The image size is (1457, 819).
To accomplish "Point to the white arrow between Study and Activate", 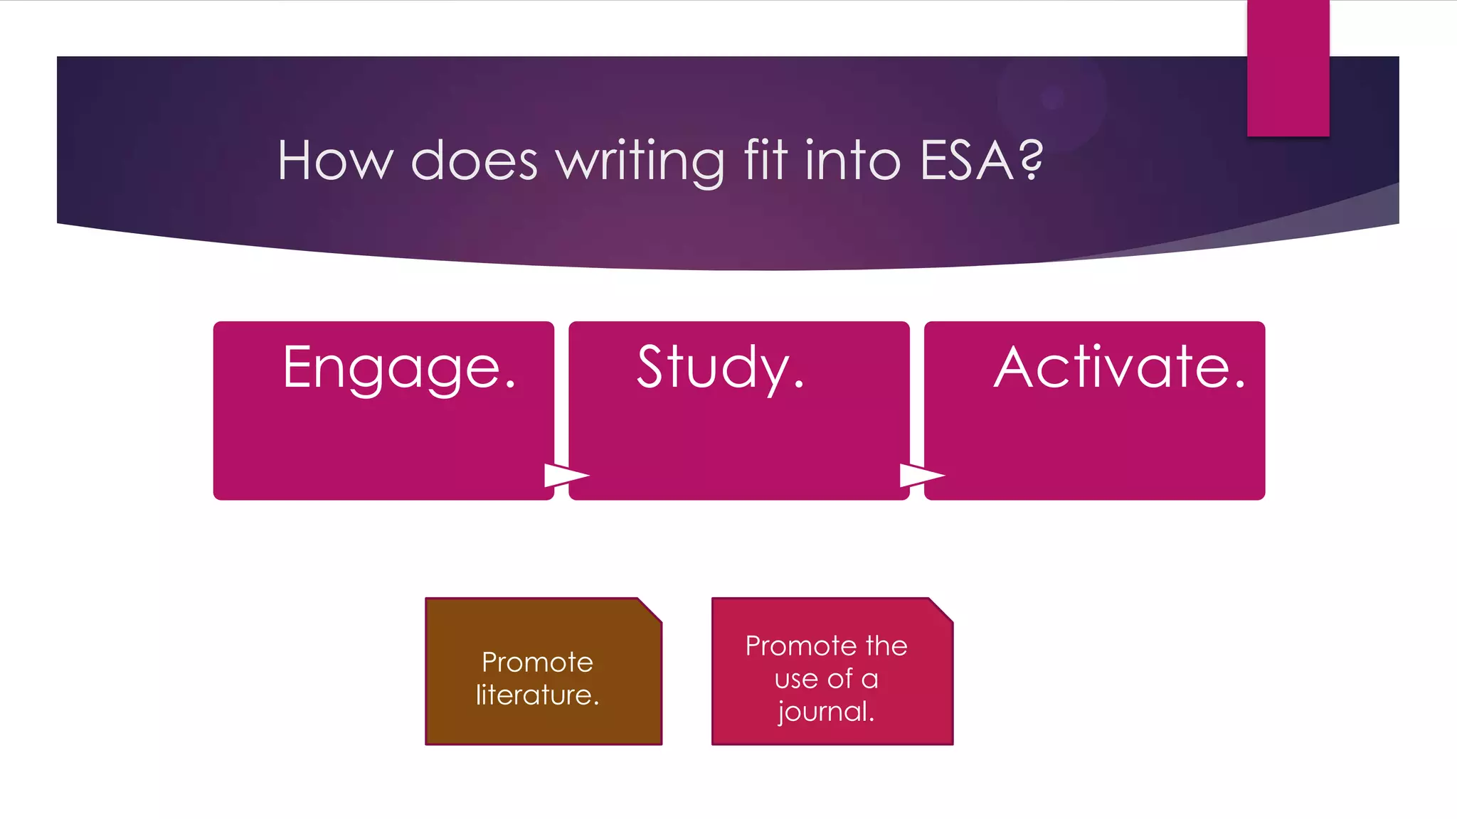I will point(921,475).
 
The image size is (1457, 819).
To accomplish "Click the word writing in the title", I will point(640,161).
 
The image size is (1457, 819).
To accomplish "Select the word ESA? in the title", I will point(981,161).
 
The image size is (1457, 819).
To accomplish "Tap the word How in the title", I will point(335,161).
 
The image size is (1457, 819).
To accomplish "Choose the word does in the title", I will point(474,161).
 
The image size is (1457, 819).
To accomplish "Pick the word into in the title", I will point(852,161).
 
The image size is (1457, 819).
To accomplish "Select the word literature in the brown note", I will point(537,695).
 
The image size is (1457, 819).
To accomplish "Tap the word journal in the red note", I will point(825,712).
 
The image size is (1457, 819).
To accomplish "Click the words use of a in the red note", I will point(826,679).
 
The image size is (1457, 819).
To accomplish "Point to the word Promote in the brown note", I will point(537,662).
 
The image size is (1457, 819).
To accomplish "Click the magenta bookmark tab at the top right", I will point(1288,68).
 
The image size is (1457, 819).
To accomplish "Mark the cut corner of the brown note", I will point(651,610).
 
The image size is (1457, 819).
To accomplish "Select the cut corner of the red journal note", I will point(941,610).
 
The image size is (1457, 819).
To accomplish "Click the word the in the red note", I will point(886,646).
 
